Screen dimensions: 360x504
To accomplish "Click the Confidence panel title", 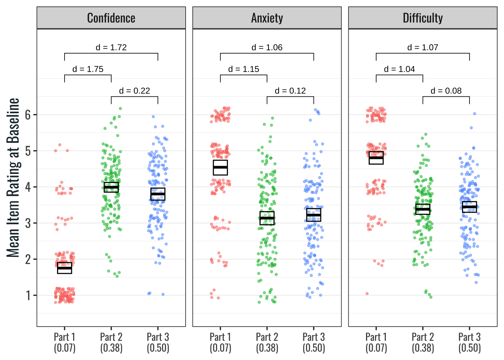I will [x=111, y=18].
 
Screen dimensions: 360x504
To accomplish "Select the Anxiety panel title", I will [x=267, y=18].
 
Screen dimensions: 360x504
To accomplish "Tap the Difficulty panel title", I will [x=423, y=18].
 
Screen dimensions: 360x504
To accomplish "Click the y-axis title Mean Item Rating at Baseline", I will [x=13, y=177].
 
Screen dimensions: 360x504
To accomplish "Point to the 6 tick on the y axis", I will [x=28, y=115].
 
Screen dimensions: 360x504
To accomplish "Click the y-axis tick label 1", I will [x=28, y=295].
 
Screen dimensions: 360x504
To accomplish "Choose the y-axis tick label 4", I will [x=28, y=187].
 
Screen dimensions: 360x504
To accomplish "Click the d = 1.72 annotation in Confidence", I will [x=111, y=48].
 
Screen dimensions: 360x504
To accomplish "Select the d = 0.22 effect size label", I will [x=134, y=91].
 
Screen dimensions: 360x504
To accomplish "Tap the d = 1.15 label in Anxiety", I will [x=244, y=69].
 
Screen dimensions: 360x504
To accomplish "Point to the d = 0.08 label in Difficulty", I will [x=446, y=91].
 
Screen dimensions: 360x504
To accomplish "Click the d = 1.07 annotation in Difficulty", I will [x=423, y=48].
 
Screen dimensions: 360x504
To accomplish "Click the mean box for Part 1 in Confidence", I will [x=64, y=268].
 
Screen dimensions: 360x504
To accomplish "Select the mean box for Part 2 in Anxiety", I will [x=267, y=218].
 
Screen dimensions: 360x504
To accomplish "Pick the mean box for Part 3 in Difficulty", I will [x=469, y=207].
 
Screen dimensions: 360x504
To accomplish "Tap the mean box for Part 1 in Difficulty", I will [x=376, y=158].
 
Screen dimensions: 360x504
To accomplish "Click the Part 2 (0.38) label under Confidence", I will [x=111, y=342].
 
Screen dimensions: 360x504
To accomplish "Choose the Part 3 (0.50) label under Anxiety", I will [x=314, y=342].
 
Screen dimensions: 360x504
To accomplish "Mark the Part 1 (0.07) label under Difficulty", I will [x=376, y=342].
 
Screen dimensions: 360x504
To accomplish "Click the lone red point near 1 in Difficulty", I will [x=367, y=294].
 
